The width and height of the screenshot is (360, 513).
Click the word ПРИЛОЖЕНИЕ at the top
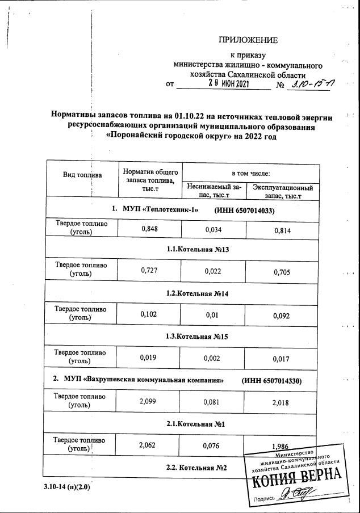click(x=248, y=40)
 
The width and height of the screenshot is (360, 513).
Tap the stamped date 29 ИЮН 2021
click(x=228, y=83)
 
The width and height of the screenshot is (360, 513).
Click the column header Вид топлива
click(x=82, y=174)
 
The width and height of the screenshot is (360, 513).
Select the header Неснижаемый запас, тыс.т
click(x=214, y=191)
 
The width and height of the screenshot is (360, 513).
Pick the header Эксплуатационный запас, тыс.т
click(x=282, y=191)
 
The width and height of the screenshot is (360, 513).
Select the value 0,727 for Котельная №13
click(x=149, y=271)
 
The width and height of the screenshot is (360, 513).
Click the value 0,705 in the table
click(x=282, y=272)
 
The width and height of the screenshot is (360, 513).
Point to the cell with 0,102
click(x=149, y=314)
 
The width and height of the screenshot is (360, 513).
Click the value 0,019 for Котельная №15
click(x=149, y=358)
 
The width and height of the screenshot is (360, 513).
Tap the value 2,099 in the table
click(x=149, y=401)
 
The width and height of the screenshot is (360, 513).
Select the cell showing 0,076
click(x=214, y=445)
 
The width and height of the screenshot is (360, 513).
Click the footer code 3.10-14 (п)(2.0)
click(x=66, y=486)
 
